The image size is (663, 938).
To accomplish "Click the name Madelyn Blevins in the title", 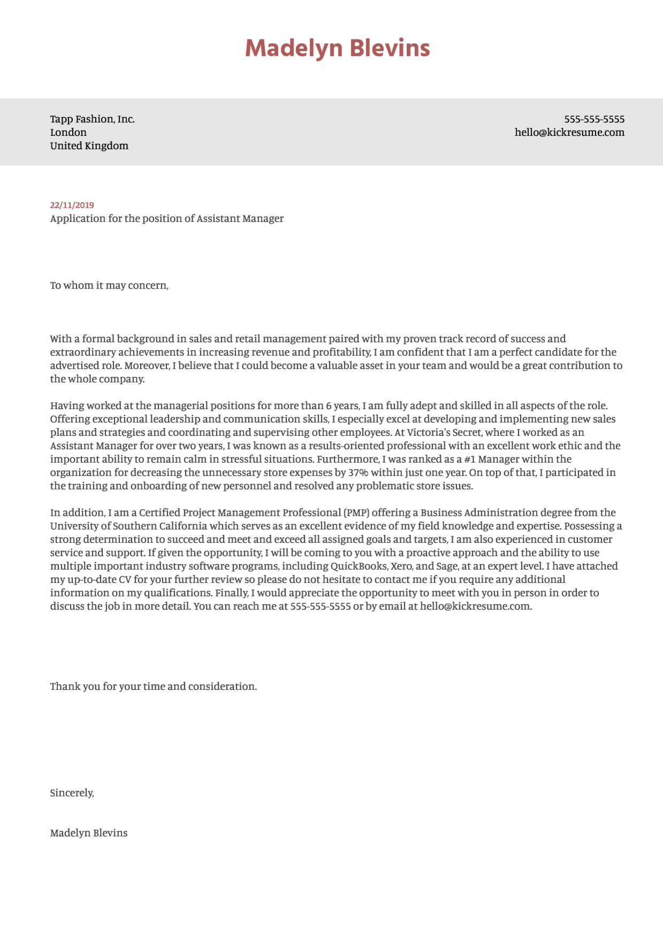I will tap(337, 48).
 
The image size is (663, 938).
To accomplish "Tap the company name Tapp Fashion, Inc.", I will tap(92, 119).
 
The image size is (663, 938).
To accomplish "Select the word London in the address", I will tap(68, 133).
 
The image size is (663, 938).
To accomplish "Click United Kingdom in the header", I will tap(89, 146).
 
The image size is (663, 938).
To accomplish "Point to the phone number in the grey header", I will tap(594, 119).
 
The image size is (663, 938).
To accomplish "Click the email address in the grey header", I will tap(569, 133).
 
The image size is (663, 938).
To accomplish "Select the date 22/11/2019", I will tap(72, 205).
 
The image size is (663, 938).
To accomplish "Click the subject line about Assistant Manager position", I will tap(167, 219).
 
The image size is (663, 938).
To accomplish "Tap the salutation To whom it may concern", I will tap(109, 286).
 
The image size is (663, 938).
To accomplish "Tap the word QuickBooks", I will tap(358, 566).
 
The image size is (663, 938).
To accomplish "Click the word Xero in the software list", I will tap(401, 566).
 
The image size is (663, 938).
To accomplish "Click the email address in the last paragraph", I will tap(475, 606).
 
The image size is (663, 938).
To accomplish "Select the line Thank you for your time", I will tap(153, 687).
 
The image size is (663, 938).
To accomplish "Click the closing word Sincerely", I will tap(72, 793).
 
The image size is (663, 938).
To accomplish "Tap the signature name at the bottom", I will tap(89, 833).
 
